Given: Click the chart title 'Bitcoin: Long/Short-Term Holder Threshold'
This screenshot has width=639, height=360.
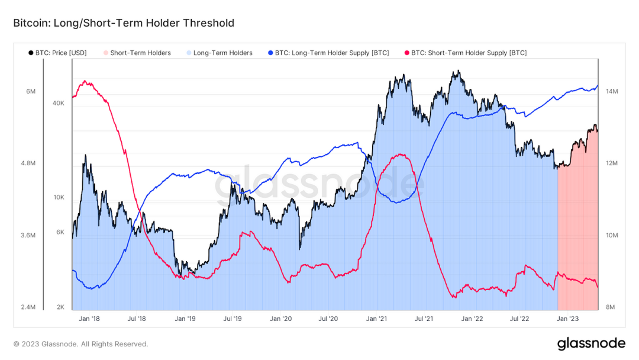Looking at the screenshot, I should [x=124, y=23].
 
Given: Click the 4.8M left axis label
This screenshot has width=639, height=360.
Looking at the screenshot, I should [x=27, y=163].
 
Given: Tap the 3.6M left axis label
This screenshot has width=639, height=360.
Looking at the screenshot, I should [x=27, y=235].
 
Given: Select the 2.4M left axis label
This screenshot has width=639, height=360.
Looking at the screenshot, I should [x=27, y=307].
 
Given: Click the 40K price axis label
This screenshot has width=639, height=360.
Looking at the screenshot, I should [x=58, y=103].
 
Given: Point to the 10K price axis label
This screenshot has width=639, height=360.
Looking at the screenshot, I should [x=58, y=197].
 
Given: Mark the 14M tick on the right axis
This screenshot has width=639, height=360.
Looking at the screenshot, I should [x=611, y=92].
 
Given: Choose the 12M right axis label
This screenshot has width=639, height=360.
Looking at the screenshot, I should [x=611, y=163].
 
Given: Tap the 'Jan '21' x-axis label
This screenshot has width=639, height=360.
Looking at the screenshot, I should [x=376, y=319].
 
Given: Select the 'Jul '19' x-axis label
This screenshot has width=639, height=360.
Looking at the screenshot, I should [x=232, y=319].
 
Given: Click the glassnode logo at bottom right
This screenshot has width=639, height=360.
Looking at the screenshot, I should [x=590, y=343].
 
